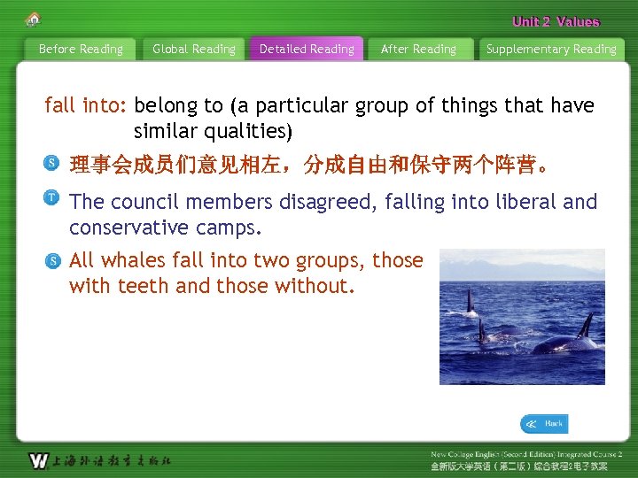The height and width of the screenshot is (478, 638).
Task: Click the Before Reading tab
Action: point(81,50)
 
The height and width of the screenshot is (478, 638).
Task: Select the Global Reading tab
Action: point(194,50)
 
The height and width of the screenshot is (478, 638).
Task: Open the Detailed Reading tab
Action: point(307,50)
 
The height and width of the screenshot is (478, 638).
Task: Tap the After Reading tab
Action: point(418,50)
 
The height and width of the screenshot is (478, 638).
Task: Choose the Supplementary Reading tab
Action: point(551,50)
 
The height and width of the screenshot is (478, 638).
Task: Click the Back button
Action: point(544,424)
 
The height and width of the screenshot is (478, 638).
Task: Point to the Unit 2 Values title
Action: point(556,22)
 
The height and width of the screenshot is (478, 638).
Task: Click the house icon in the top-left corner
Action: point(34,19)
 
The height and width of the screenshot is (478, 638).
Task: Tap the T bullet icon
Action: point(53,197)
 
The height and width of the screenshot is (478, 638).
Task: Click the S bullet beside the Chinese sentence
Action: point(53,163)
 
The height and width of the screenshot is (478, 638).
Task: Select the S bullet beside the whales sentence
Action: point(53,260)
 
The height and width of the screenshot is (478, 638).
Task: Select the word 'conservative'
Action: point(134,227)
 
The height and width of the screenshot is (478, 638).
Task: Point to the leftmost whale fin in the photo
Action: point(469,302)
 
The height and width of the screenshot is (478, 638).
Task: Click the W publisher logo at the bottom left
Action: point(38,460)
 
